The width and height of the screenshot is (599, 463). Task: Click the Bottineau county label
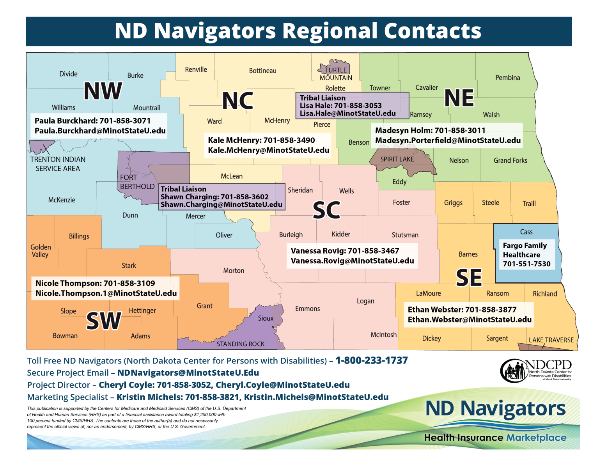click(262, 71)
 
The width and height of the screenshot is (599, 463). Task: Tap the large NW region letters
click(103, 91)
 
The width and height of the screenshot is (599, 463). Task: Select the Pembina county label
click(507, 78)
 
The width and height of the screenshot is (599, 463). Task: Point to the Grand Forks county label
click(510, 160)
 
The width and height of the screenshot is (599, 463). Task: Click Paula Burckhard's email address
click(100, 131)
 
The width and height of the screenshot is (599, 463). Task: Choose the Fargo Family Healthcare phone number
click(526, 264)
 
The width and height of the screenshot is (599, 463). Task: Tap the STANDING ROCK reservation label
click(240, 344)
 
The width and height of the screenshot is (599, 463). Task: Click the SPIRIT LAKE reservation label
click(397, 159)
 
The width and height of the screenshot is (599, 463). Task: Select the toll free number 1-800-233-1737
click(371, 360)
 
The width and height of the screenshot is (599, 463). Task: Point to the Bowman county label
click(65, 336)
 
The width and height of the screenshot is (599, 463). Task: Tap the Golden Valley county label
click(41, 251)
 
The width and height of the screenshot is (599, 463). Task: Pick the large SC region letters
click(326, 210)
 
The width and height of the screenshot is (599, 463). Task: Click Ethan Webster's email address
click(470, 320)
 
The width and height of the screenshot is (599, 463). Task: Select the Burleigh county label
click(291, 235)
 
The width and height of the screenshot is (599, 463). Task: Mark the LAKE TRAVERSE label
click(551, 340)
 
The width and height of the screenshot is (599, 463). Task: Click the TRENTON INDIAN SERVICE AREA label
click(58, 164)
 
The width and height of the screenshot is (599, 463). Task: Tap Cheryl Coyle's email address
click(282, 385)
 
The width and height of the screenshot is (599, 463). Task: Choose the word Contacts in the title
click(432, 31)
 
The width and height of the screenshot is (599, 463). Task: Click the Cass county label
click(526, 232)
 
